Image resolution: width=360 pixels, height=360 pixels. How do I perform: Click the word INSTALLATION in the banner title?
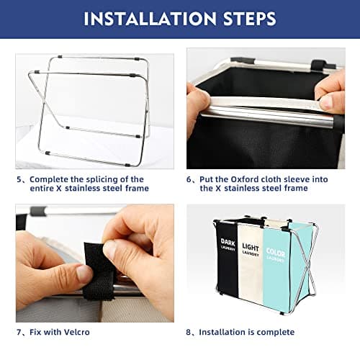tap(150, 19)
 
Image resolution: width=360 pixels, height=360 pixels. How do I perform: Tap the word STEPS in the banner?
tap(250, 19)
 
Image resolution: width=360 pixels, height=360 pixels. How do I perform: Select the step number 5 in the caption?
tap(19, 179)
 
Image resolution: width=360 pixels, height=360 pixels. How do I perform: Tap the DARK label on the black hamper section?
tap(228, 242)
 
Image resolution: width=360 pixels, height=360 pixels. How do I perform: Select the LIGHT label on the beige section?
tap(251, 247)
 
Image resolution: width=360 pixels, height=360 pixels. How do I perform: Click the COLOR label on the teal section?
tap(276, 253)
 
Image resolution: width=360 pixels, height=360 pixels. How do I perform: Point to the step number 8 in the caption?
tap(189, 333)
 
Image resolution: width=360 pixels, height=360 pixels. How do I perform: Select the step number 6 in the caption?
tap(189, 179)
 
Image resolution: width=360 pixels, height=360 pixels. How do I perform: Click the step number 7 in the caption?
tap(19, 333)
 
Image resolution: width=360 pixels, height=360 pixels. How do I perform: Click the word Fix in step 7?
tap(35, 332)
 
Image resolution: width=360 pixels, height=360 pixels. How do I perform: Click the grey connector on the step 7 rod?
tap(38, 211)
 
